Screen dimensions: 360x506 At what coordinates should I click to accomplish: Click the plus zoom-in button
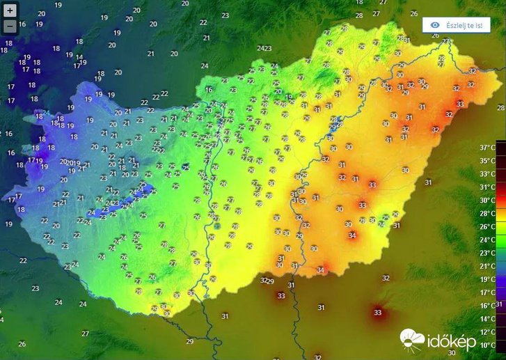[x=10, y=11]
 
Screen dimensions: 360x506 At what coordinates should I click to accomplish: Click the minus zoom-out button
[x=10, y=26]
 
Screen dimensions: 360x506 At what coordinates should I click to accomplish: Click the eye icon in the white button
[x=435, y=25]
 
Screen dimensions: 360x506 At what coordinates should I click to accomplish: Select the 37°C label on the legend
[x=488, y=148]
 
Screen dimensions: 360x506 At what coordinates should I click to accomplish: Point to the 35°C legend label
[x=488, y=161]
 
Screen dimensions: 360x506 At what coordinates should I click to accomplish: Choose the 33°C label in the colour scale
[x=488, y=174]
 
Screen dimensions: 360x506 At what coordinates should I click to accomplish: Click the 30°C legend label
[x=488, y=201]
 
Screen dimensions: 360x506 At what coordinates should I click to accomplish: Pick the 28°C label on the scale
[x=488, y=214]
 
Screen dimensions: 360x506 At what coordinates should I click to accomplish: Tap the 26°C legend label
[x=488, y=227]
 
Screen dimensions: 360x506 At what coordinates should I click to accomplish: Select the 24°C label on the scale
[x=488, y=240]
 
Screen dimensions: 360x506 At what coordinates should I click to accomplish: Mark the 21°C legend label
[x=488, y=266]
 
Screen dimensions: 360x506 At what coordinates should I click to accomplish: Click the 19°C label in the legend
[x=488, y=279]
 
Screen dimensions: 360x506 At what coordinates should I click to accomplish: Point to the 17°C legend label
[x=488, y=292]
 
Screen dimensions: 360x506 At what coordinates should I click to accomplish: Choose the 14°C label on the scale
[x=488, y=319]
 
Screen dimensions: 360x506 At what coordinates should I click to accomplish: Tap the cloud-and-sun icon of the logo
[x=412, y=339]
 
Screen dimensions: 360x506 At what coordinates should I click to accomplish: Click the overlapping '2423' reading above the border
[x=264, y=48]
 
